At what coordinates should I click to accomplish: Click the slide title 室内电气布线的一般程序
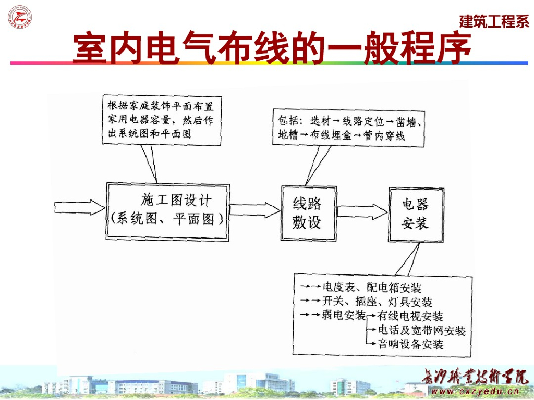click(x=271, y=49)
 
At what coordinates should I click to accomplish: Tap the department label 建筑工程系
click(x=494, y=21)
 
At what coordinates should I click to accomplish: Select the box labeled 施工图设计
click(x=168, y=211)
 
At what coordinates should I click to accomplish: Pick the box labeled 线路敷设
click(x=306, y=213)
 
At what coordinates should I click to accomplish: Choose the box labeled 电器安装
click(x=415, y=213)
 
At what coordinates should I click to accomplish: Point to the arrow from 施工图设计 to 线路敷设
click(x=254, y=210)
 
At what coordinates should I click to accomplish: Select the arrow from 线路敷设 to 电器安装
click(x=361, y=211)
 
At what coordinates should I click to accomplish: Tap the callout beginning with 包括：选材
click(x=349, y=128)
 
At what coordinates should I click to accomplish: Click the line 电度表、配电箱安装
click(x=372, y=287)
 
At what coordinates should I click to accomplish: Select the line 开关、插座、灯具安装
click(x=377, y=302)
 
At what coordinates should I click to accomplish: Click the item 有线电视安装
click(x=410, y=316)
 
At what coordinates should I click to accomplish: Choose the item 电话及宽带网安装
click(x=421, y=330)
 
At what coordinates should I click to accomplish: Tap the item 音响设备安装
click(x=410, y=344)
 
